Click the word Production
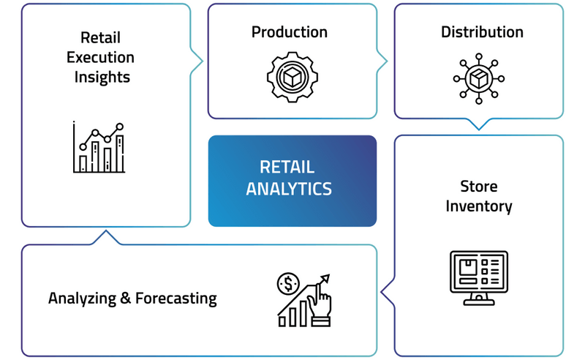coord(289,32)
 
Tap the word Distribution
coord(482,32)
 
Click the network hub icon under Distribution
coord(479,78)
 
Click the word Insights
coord(102,76)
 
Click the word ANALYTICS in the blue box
coord(289,189)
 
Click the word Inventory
coord(479,206)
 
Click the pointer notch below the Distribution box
coord(479,125)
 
